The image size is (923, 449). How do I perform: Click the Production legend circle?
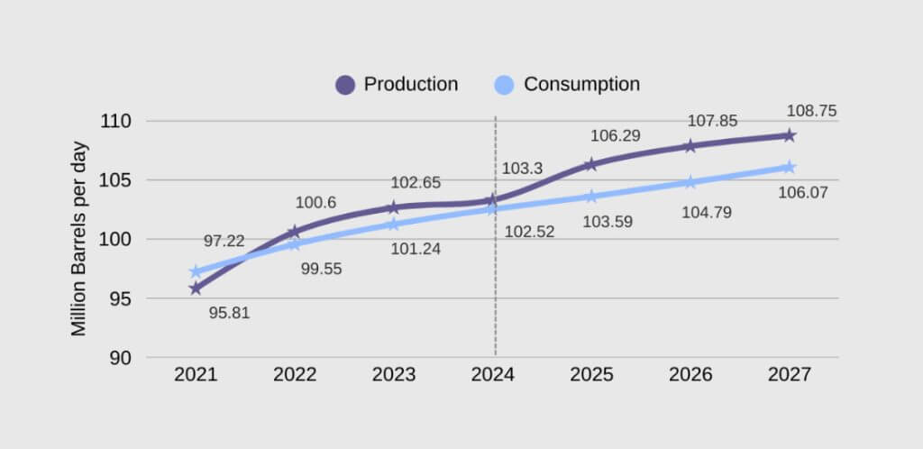coord(345,85)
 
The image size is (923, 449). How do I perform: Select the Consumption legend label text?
coord(581,85)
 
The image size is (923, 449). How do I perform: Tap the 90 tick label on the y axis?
coord(121,358)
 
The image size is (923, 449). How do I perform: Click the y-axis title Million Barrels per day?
coord(79,238)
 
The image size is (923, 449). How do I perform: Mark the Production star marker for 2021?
coord(196,289)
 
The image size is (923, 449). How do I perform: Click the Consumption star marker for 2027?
coord(789,167)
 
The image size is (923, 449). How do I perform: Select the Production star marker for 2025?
coord(591,164)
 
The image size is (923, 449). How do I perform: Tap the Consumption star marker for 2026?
coord(690,182)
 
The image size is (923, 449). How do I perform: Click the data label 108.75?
coord(811,112)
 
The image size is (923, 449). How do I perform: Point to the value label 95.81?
coord(229,315)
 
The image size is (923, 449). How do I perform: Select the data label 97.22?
coord(224,241)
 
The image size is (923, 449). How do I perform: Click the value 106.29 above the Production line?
coord(616,136)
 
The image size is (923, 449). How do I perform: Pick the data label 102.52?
coord(529,232)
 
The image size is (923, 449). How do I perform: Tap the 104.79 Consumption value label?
coord(706,214)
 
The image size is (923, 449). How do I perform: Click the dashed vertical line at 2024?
coord(495,298)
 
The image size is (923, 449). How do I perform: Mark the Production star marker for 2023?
coord(393,207)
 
